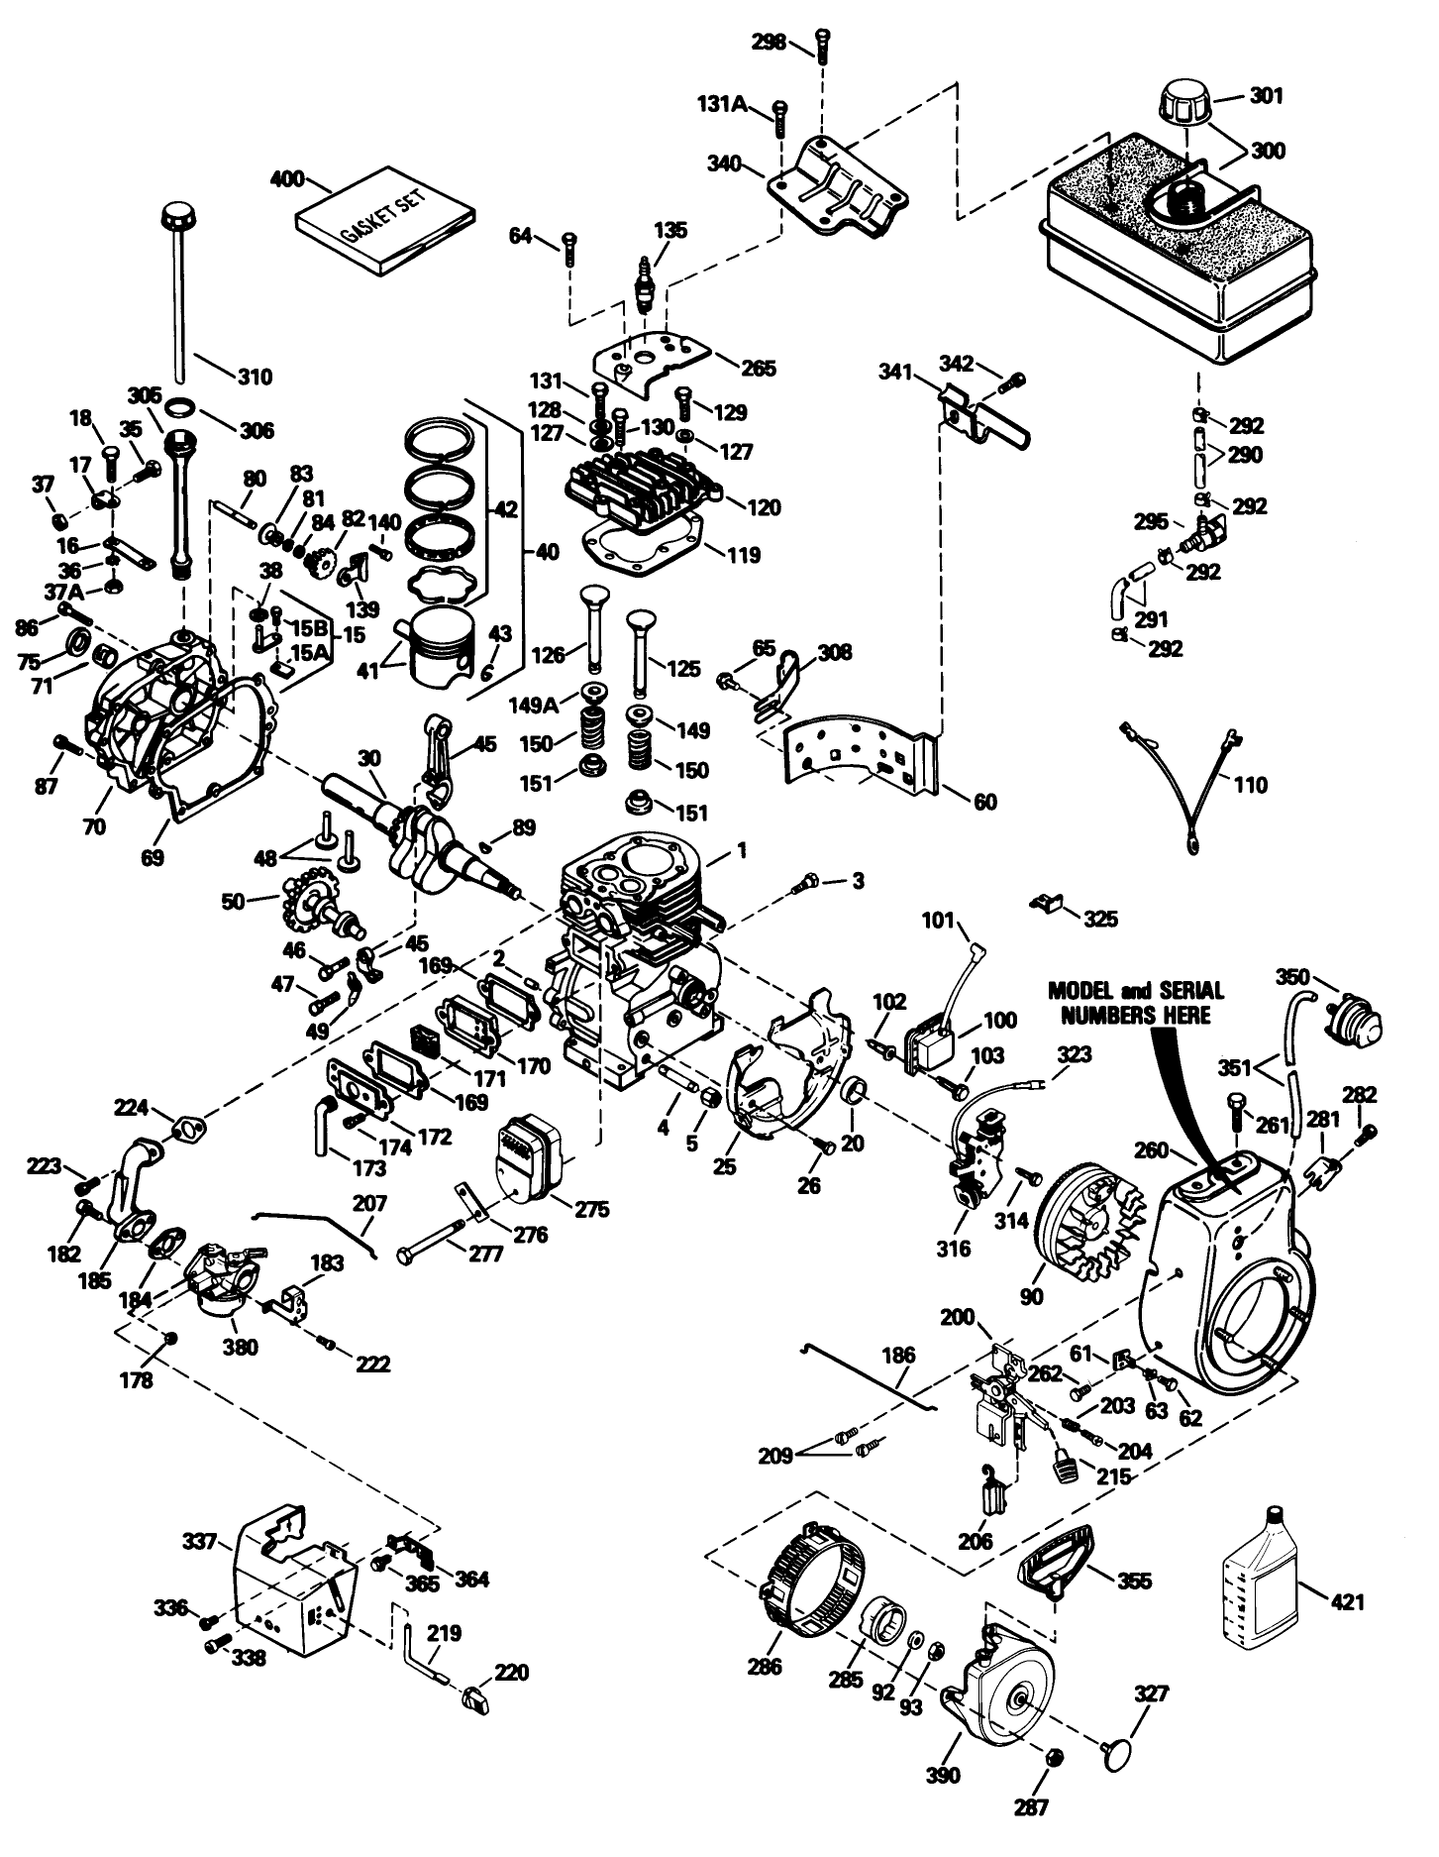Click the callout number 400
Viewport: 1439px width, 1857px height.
[287, 180]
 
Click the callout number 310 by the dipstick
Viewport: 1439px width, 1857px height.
[256, 378]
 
